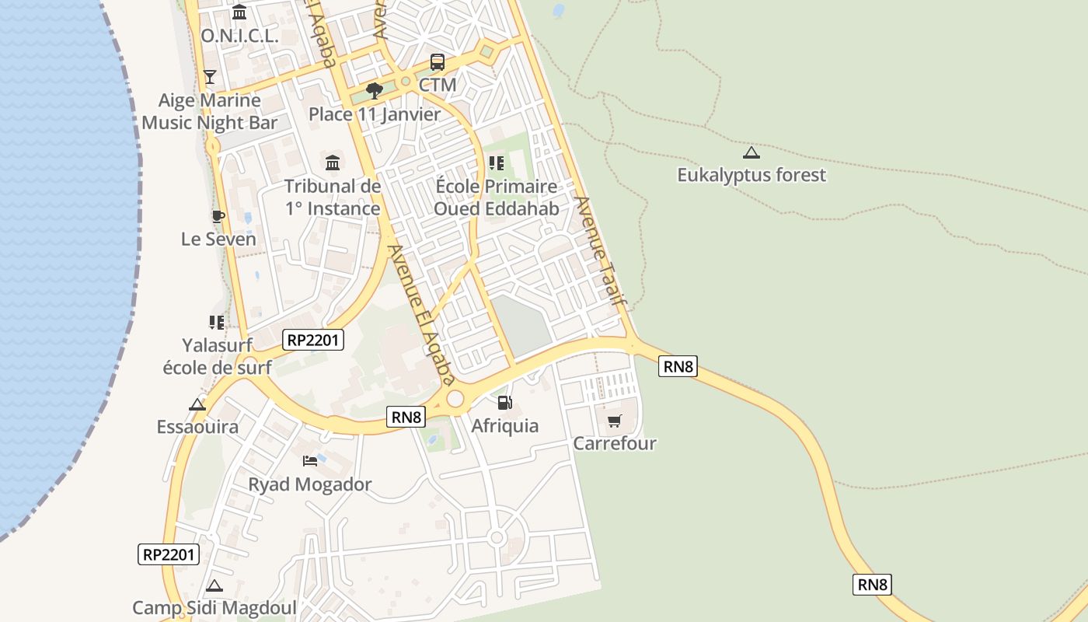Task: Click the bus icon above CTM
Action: [x=438, y=62]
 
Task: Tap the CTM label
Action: [x=438, y=85]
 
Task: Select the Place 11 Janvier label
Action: [x=375, y=114]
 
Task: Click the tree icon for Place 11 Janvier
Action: [x=375, y=91]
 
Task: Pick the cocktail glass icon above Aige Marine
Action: [x=209, y=76]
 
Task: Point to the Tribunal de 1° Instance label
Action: [x=333, y=197]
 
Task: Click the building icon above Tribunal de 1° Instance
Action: [x=333, y=162]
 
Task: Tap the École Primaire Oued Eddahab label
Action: [x=496, y=197]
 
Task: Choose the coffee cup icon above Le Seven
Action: [x=218, y=216]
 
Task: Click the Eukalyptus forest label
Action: [x=751, y=175]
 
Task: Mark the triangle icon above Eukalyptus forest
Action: [x=751, y=152]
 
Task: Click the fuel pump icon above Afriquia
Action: [x=504, y=403]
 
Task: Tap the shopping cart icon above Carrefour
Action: [x=615, y=421]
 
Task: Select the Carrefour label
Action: [x=615, y=443]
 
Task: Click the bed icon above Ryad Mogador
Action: [x=310, y=461]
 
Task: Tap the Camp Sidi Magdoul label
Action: [x=214, y=607]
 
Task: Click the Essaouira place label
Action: [x=197, y=427]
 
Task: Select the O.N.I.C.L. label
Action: [x=239, y=36]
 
